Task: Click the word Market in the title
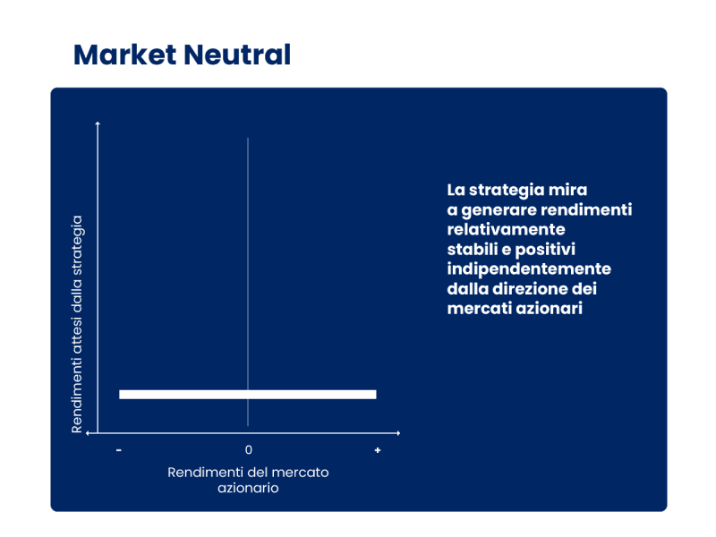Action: pyautogui.click(x=124, y=55)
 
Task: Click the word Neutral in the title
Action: pyautogui.click(x=237, y=55)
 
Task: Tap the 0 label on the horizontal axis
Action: pyautogui.click(x=249, y=450)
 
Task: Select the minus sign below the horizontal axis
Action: pyautogui.click(x=119, y=450)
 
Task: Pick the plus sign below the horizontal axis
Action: pyautogui.click(x=377, y=450)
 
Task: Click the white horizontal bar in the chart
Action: pyautogui.click(x=248, y=395)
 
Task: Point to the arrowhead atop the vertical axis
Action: pyautogui.click(x=98, y=124)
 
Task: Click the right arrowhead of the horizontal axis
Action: pyautogui.click(x=398, y=433)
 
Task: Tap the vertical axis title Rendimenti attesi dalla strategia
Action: pyautogui.click(x=77, y=324)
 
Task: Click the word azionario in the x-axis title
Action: pyautogui.click(x=248, y=488)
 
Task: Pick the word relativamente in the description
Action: pyautogui.click(x=506, y=229)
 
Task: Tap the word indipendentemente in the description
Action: pyautogui.click(x=529, y=269)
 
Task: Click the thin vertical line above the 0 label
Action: pyautogui.click(x=248, y=282)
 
